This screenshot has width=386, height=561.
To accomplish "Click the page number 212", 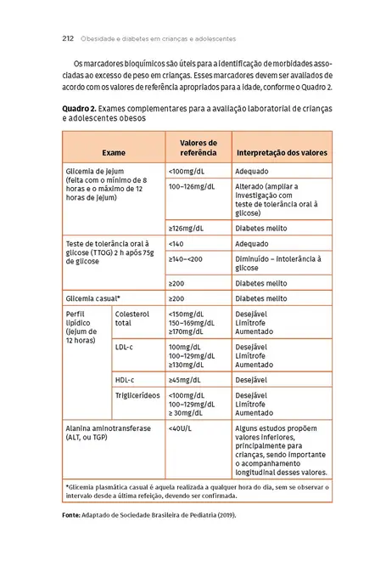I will pos(69,38).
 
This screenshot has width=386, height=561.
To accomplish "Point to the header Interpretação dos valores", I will pos(281,152).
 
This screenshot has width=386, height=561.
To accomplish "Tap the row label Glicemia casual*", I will pos(93,298).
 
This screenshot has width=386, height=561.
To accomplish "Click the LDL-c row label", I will pos(124,348).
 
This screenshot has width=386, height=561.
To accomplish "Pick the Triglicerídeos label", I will pos(138,395).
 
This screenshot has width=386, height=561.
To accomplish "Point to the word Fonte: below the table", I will pos(74,515).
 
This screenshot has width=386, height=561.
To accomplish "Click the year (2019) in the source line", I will pos(223,515).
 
